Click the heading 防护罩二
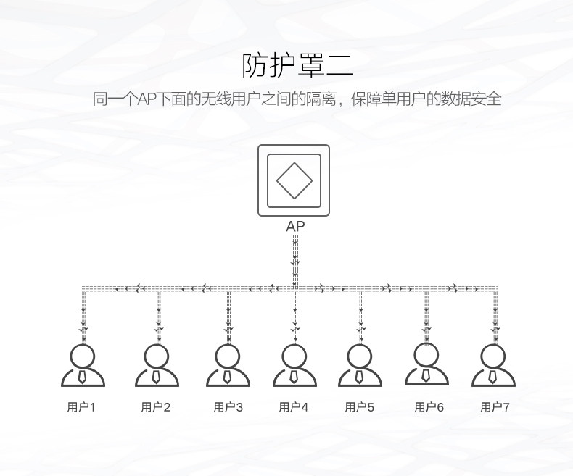point(297,65)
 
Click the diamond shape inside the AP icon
point(294,180)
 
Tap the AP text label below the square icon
point(295,226)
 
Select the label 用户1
point(81,407)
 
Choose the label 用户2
point(156,407)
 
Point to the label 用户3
point(228,407)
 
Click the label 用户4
point(294,407)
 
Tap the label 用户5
point(360,407)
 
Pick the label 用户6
point(429,407)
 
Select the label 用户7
point(495,407)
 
